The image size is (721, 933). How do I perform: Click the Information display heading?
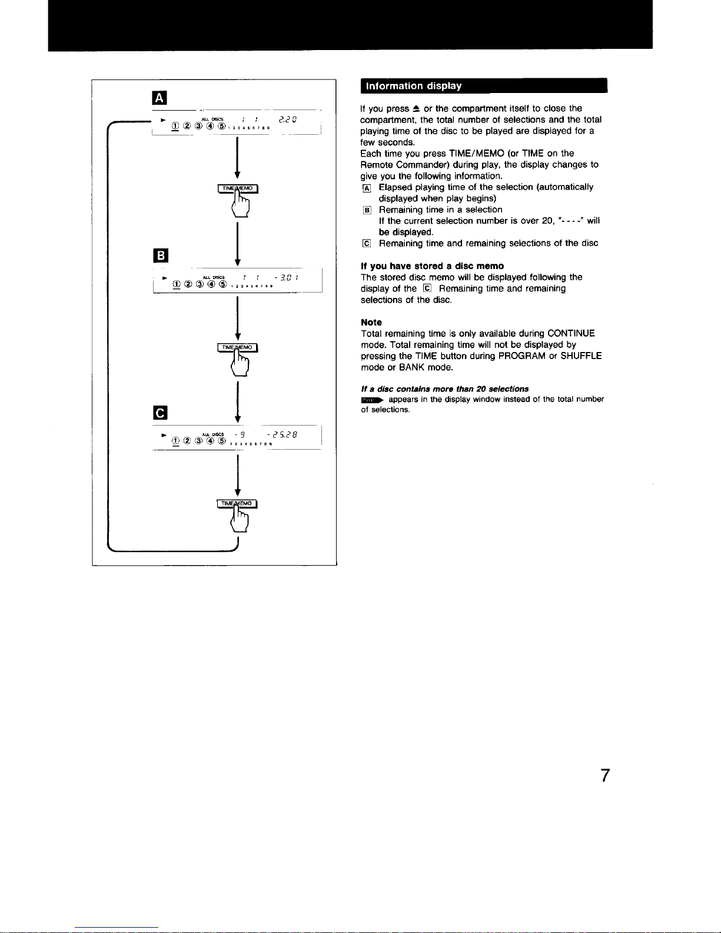pyautogui.click(x=414, y=86)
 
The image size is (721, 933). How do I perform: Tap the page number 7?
pyautogui.click(x=605, y=776)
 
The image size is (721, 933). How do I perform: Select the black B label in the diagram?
pyautogui.click(x=160, y=255)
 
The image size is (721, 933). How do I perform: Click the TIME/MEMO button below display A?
pyautogui.click(x=238, y=188)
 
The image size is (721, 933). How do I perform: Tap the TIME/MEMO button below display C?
pyautogui.click(x=238, y=503)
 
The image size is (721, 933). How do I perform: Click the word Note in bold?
pyautogui.click(x=371, y=323)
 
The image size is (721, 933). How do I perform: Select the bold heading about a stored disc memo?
pyautogui.click(x=432, y=266)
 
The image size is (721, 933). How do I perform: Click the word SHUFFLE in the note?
pyautogui.click(x=581, y=356)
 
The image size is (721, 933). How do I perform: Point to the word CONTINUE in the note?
pyautogui.click(x=571, y=334)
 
